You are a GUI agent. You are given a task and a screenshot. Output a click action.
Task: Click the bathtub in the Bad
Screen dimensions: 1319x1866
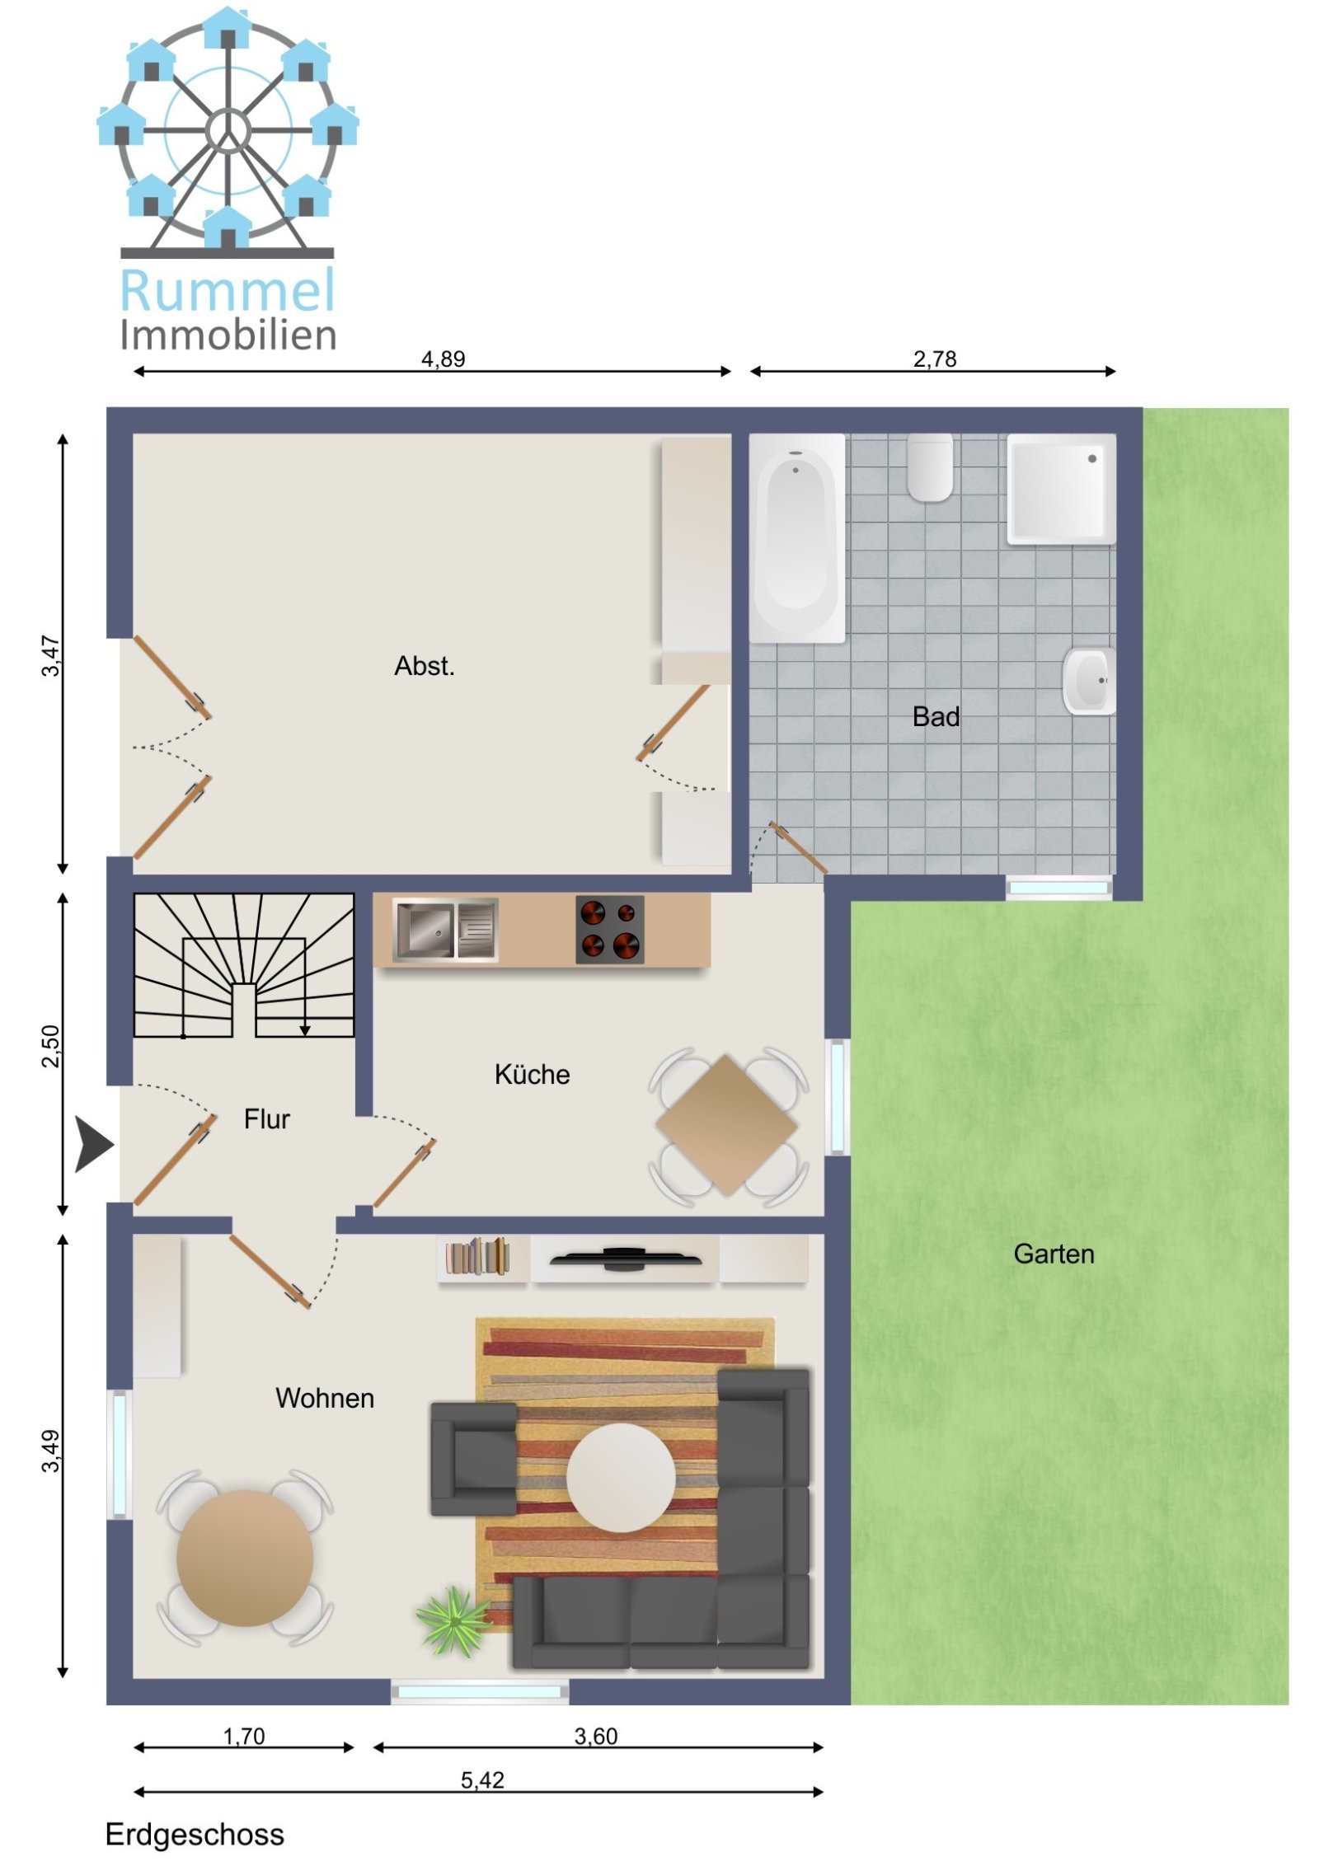[x=796, y=538]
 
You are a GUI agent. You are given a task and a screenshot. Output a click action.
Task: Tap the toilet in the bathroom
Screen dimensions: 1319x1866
[x=930, y=467]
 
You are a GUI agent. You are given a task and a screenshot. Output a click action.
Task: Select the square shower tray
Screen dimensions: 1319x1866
[x=1061, y=489]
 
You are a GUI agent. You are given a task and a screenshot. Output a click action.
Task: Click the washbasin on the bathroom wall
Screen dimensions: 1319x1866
[x=1089, y=681]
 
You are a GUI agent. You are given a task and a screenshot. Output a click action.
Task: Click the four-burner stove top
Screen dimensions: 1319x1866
[x=609, y=930]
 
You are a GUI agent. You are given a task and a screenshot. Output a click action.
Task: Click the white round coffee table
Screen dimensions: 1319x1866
[x=621, y=1477]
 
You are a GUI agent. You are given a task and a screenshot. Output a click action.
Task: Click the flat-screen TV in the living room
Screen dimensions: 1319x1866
[x=625, y=1258]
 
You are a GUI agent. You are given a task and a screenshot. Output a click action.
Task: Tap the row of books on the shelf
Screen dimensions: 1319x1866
[x=477, y=1256]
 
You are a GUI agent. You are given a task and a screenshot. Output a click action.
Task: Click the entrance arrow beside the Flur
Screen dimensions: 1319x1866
[x=93, y=1144]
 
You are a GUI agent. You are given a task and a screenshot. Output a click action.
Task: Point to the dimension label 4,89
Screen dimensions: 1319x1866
[x=443, y=359]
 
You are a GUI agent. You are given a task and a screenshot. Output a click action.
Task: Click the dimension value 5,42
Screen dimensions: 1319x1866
[x=482, y=1779]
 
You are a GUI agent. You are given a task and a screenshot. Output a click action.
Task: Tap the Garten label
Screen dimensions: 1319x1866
[x=1054, y=1254]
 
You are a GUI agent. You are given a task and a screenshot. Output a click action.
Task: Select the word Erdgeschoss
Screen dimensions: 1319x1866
[x=195, y=1835]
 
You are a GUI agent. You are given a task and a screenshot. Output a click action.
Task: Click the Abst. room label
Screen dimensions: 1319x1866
[x=425, y=666]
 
